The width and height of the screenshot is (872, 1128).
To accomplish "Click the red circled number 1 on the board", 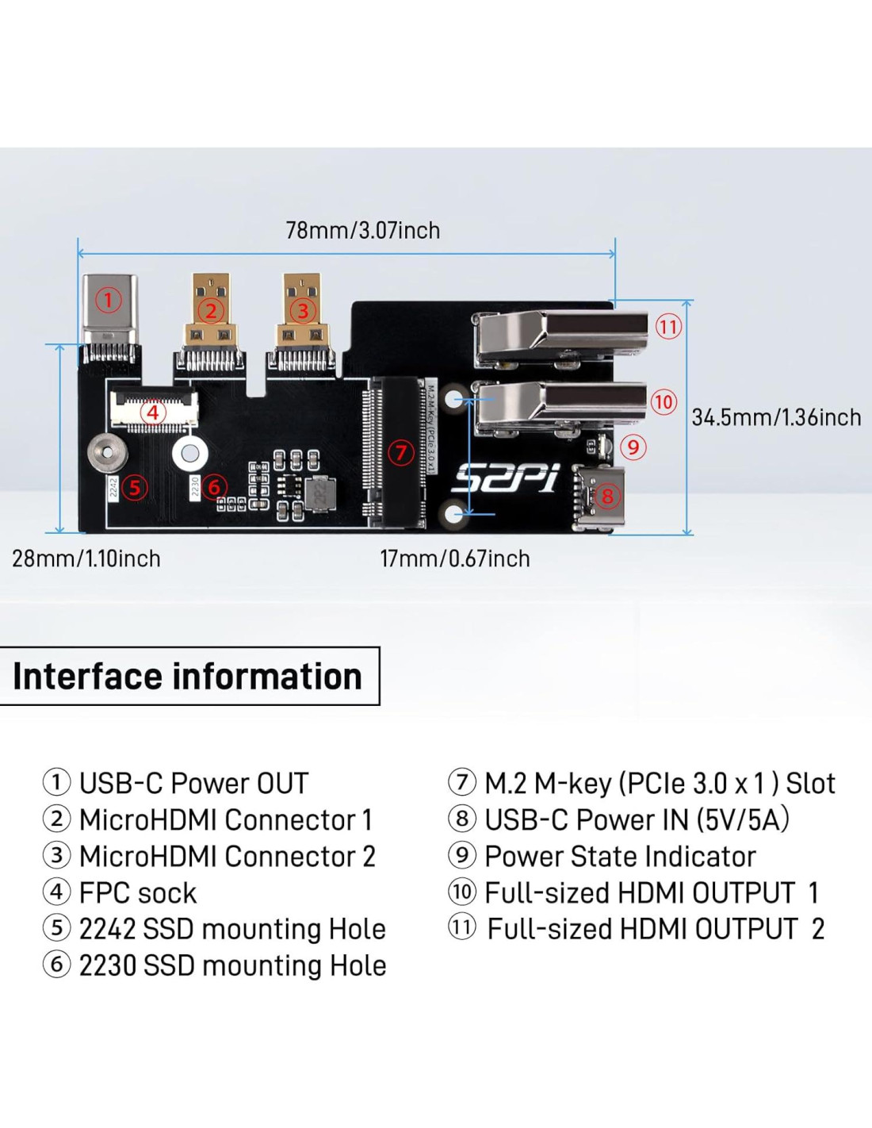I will coord(109,300).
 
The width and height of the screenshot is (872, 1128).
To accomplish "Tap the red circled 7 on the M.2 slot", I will coord(401,453).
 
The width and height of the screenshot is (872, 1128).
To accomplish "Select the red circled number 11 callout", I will coord(668,326).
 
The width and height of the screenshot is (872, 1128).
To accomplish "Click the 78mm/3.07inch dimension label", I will coord(362,230).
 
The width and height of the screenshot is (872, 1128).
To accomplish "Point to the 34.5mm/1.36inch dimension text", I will coord(776,417).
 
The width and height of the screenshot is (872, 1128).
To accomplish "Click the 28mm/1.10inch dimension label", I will coord(86,558).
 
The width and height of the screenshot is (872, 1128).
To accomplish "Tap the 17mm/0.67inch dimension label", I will coord(455,558).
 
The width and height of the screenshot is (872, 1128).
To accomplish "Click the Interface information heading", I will coord(188,677).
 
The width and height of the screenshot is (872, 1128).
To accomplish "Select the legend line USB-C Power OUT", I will coord(193,783).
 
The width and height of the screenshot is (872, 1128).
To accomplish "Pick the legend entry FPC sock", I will coord(137,892).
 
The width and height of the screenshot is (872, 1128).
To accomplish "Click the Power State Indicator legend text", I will coord(620,856).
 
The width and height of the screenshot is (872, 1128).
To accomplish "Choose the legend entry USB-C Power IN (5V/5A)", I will coord(637,819).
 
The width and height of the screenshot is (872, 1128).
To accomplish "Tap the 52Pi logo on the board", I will coord(506,478).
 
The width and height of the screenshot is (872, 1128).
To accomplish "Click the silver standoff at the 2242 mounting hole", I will coord(108,453).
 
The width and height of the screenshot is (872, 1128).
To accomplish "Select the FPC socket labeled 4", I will coord(153,410).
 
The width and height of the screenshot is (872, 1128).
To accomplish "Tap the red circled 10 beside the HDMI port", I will coord(664,401).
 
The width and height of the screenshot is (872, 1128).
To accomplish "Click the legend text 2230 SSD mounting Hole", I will coord(232,965).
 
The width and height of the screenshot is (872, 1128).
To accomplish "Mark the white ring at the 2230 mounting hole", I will coord(190,453).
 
